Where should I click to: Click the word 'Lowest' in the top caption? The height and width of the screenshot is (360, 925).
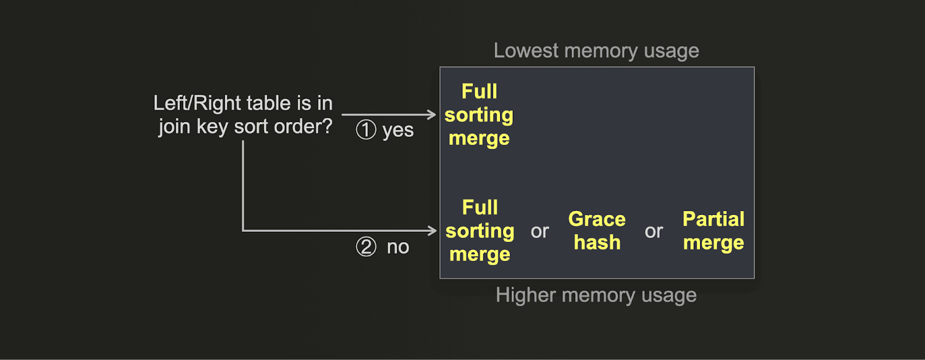point(526,51)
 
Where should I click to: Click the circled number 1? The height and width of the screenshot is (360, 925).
point(366,130)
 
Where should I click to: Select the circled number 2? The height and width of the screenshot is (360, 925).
point(366,247)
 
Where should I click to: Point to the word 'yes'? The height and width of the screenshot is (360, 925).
point(398,131)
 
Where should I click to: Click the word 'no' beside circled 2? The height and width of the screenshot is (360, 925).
point(398,247)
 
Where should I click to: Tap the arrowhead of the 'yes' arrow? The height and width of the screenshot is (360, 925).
point(431,114)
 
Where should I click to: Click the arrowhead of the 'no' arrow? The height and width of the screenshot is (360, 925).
point(431,231)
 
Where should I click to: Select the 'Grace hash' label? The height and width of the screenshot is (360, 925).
point(597,231)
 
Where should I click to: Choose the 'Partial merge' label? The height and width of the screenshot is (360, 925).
point(713,231)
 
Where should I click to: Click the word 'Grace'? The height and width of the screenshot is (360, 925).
point(597,220)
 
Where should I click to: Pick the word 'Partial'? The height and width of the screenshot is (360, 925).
point(713,220)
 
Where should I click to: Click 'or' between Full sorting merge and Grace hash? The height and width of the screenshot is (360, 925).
point(540,232)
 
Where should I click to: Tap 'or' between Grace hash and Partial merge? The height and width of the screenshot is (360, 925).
point(654,232)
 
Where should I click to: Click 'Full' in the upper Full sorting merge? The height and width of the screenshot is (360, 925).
point(479,91)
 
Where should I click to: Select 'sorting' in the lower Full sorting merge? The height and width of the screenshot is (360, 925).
point(480,231)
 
